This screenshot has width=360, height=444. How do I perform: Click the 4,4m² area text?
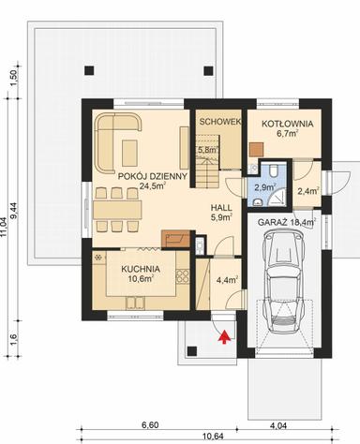(x=226, y=279)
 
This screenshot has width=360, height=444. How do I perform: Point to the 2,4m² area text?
(x=307, y=191)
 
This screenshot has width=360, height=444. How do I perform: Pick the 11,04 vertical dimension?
(x=10, y=225)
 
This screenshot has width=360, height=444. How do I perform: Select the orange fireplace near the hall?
(x=172, y=238)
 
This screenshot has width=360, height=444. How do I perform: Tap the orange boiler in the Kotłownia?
(x=256, y=147)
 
